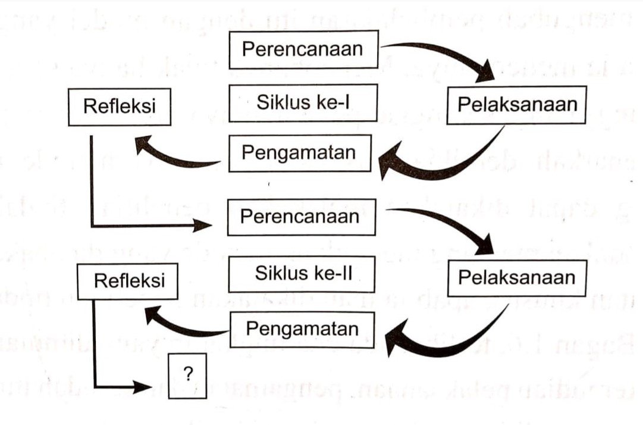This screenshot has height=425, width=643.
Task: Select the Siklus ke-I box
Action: pos(303,103)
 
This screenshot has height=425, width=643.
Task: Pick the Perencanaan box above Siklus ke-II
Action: pos(301,217)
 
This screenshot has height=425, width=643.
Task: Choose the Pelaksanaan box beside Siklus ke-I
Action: pos(517,104)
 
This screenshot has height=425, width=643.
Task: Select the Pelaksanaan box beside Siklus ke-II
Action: pos(516,277)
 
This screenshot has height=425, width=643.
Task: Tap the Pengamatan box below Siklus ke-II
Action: pos(302,329)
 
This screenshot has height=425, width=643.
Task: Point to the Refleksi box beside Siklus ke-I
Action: pos(120,107)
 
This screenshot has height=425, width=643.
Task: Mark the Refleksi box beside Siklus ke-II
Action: pos(129,281)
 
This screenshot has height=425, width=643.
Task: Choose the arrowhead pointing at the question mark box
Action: pos(143,386)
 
